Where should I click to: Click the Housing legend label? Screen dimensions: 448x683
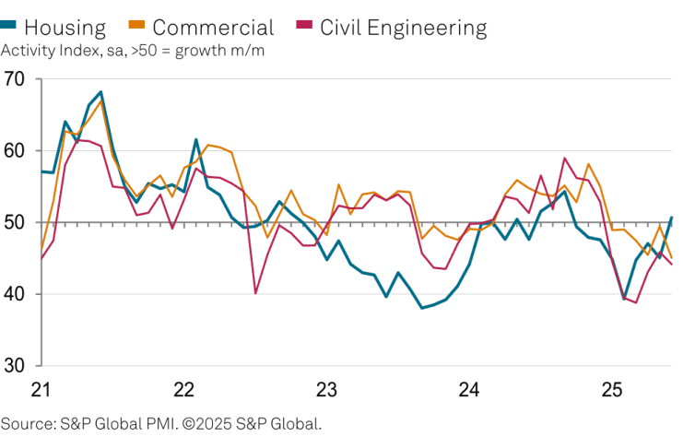coord(65,28)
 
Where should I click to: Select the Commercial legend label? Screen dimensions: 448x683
coord(213,28)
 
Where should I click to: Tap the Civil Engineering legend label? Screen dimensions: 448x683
coord(403,28)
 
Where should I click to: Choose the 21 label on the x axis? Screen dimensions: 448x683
coord(41,389)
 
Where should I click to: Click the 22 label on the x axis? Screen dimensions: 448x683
coord(183,389)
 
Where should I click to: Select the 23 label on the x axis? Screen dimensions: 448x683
coord(326,389)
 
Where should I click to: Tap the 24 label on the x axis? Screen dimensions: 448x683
coord(469,389)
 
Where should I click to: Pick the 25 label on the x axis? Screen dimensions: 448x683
coord(612,389)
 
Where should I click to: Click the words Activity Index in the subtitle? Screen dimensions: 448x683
coord(46,50)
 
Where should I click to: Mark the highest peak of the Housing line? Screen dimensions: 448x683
coord(100,92)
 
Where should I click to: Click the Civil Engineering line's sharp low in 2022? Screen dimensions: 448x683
coord(255,293)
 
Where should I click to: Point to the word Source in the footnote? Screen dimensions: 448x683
coord(26,424)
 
